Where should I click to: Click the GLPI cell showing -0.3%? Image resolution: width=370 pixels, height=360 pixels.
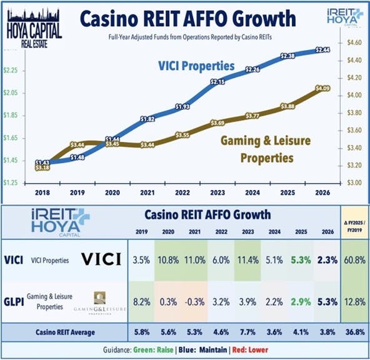(x=197, y=302)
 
